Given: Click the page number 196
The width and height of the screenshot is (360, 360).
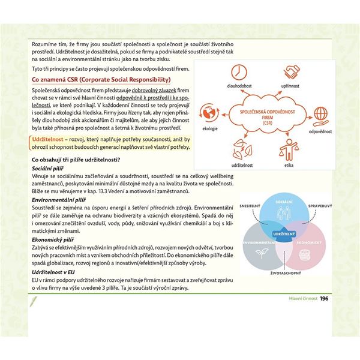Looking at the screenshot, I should coord(324,299).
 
